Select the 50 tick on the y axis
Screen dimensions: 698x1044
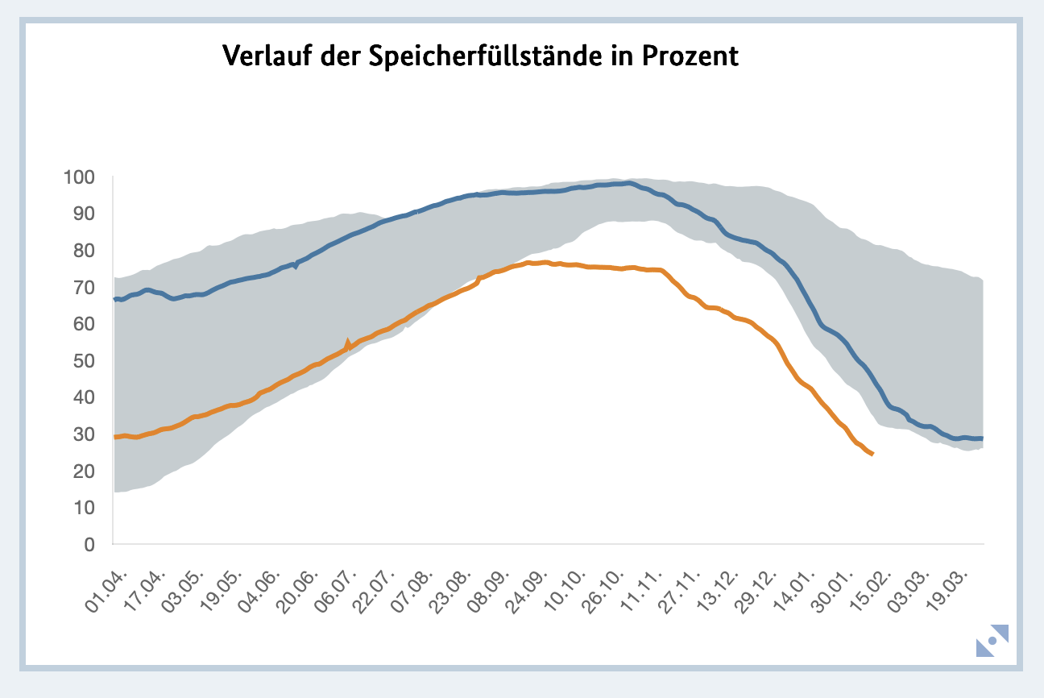(85, 360)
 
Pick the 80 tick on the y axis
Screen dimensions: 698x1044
(85, 251)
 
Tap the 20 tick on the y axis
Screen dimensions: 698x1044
(85, 471)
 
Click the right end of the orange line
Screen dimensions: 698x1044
(872, 454)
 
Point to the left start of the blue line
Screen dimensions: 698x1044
(115, 299)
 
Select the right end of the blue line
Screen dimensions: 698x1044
(982, 438)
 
